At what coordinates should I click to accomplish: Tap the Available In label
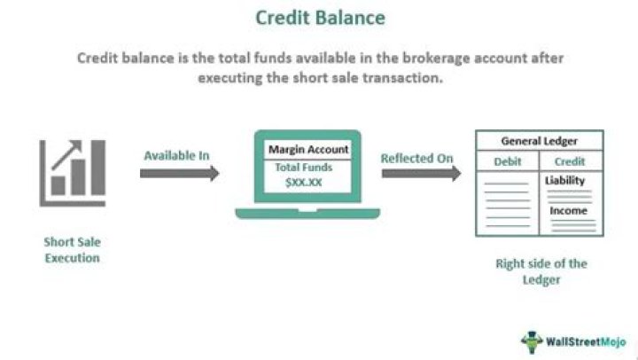pyautogui.click(x=176, y=156)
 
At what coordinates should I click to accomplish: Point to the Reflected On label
pyautogui.click(x=417, y=158)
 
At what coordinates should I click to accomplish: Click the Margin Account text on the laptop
pyautogui.click(x=308, y=150)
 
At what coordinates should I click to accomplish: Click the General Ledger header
pyautogui.click(x=539, y=141)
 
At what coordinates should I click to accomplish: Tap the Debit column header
pyautogui.click(x=508, y=161)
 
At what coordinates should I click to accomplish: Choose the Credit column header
pyautogui.click(x=569, y=161)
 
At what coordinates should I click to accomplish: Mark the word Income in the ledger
pyautogui.click(x=568, y=211)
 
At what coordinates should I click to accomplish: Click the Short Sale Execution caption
pyautogui.click(x=72, y=249)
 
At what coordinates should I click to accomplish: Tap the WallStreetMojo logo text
pyautogui.click(x=586, y=340)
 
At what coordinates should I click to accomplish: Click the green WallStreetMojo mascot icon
pyautogui.click(x=531, y=340)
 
